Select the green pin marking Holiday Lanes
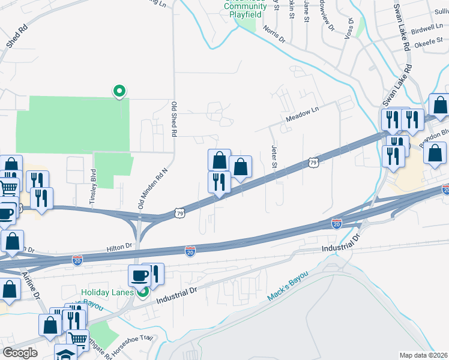(143, 293)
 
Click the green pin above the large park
(119, 91)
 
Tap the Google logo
(20, 353)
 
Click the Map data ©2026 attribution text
(423, 355)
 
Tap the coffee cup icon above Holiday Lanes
(139, 275)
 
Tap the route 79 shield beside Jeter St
(313, 162)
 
